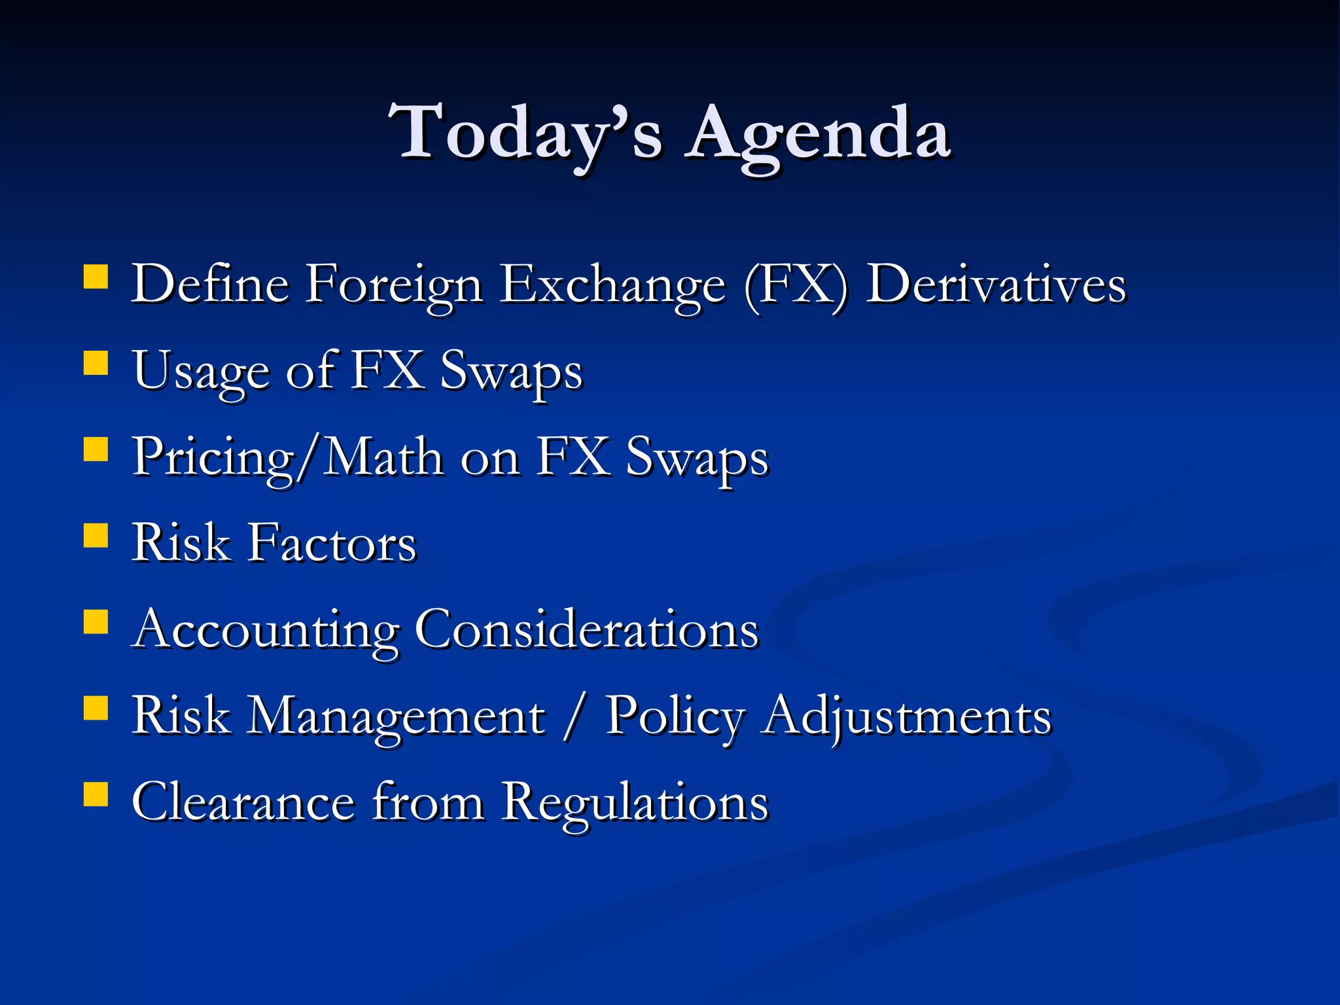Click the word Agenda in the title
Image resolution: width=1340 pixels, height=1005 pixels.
(x=818, y=134)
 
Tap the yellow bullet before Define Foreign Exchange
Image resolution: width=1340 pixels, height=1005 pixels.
(x=96, y=277)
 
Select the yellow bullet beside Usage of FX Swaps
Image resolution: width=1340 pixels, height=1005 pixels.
(x=96, y=363)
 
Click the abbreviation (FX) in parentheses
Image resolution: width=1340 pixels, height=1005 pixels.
(x=796, y=285)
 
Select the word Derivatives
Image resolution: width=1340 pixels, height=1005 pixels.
(x=996, y=285)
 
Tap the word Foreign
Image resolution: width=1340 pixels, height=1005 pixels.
(x=395, y=287)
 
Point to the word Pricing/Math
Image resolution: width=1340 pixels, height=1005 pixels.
(x=287, y=458)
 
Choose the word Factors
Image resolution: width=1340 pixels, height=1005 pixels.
(x=332, y=544)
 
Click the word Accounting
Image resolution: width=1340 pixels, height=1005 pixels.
(x=265, y=631)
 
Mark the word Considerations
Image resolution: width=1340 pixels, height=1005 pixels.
(x=587, y=629)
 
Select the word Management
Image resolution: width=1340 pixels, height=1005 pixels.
(x=397, y=717)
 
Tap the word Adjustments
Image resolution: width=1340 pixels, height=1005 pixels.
(x=908, y=717)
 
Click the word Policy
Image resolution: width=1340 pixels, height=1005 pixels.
(x=675, y=717)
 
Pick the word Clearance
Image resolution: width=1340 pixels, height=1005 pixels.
(x=243, y=802)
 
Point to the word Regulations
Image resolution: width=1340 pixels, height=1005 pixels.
(x=635, y=803)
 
